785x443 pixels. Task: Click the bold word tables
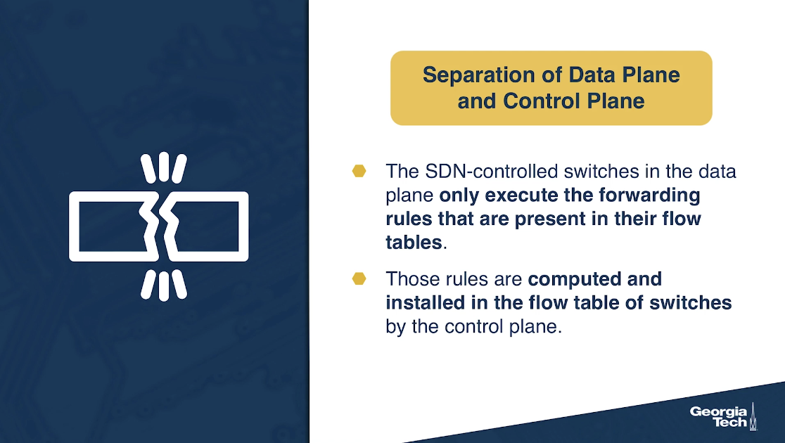pos(414,243)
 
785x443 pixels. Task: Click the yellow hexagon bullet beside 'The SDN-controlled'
pos(359,171)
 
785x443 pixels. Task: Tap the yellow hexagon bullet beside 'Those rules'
pos(359,278)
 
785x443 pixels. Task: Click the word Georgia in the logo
pos(718,413)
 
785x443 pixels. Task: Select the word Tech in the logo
pos(730,422)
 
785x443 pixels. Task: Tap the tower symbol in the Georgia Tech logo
pos(753,416)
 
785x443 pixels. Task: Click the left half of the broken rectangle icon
pos(74,226)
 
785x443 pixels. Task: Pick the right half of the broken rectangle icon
pos(243,226)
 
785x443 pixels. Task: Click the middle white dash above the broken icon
pos(164,167)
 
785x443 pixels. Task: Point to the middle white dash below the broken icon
pos(164,286)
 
